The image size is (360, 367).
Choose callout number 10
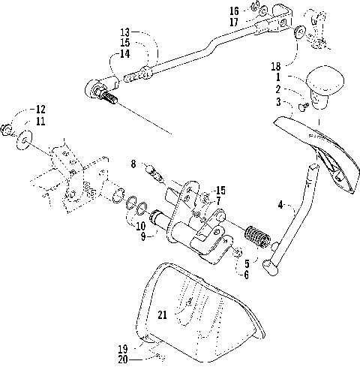coord(140,226)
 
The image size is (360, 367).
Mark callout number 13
coord(124,33)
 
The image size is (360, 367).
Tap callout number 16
coord(234,11)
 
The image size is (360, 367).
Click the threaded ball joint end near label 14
coord(103,94)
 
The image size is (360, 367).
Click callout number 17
coord(234,22)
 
